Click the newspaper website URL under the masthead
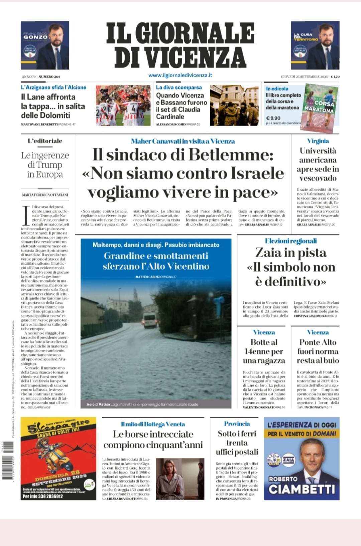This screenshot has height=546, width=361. (x=180, y=75)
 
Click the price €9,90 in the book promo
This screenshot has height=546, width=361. (x=273, y=118)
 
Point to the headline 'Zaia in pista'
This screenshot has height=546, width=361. (x=290, y=253)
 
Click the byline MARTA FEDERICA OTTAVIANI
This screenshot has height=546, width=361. (x=45, y=195)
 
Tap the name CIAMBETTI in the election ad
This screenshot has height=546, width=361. (x=302, y=489)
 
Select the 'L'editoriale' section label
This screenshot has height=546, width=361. (x=45, y=141)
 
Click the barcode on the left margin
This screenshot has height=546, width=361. (x=6, y=467)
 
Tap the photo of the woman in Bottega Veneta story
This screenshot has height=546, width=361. (x=180, y=479)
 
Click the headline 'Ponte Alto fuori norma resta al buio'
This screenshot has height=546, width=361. (x=318, y=351)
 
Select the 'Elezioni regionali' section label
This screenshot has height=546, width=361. (x=290, y=241)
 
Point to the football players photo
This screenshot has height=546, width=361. (x=123, y=105)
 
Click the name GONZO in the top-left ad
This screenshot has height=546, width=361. (x=35, y=37)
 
